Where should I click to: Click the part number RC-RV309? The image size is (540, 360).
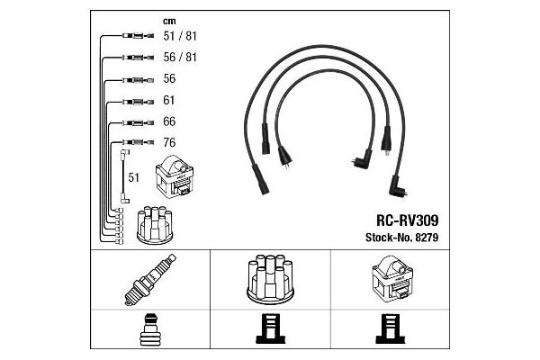point(407,220)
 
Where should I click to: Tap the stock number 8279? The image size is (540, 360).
point(427,238)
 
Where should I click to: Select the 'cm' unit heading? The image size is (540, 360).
point(169,22)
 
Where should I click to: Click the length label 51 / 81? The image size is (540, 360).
point(180,36)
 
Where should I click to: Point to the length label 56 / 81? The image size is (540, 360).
point(180,58)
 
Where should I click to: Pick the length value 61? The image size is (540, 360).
point(169,100)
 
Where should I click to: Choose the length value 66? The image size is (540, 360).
point(169,121)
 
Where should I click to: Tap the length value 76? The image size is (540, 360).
point(169,142)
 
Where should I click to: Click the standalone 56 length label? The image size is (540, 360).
point(169,78)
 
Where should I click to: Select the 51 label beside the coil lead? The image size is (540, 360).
point(133,177)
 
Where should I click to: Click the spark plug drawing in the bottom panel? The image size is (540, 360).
point(150,280)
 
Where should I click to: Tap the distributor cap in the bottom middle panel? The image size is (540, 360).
point(270,279)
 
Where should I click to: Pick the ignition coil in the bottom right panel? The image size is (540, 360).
point(392,279)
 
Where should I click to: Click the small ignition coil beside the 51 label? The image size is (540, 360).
point(175,176)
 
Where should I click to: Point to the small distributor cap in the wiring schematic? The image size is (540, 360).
point(155,225)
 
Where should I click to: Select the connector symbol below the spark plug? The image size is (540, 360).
point(150,329)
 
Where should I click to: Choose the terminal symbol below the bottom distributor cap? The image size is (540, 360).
point(270,328)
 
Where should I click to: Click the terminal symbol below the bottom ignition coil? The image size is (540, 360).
point(391,328)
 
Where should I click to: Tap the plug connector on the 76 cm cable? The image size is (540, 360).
point(138,142)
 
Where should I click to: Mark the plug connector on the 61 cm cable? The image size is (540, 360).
point(138,102)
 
